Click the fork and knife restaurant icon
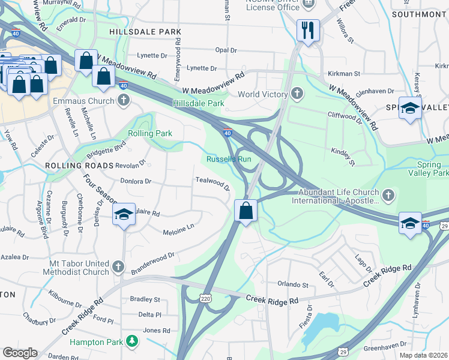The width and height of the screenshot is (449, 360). [x=308, y=31]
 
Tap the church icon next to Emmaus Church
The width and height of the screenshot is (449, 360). [x=124, y=100]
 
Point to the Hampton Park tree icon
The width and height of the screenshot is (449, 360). [x=131, y=341]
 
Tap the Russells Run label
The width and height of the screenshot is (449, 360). [x=228, y=159]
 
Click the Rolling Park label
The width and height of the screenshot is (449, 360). [x=150, y=133]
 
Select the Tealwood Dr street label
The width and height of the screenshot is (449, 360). [x=212, y=182]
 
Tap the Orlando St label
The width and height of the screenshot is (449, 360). [x=292, y=284]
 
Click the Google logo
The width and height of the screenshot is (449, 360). [x=20, y=352]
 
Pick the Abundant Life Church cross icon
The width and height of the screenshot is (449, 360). [x=389, y=195]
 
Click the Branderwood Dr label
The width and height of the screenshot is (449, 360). [x=153, y=256]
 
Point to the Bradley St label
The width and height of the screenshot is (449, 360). [x=145, y=299]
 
